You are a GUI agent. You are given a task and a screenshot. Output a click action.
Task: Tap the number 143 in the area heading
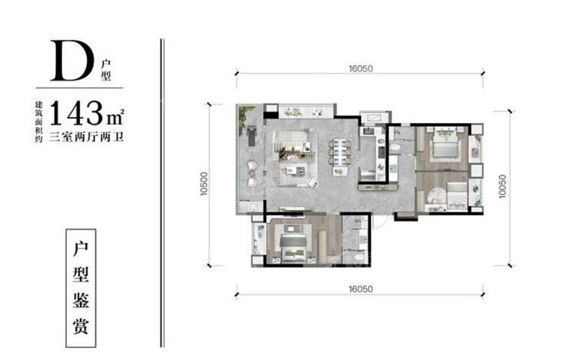76,113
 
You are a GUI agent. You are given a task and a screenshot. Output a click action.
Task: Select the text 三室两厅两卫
86,137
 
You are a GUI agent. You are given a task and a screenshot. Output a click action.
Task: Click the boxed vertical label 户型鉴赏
81,288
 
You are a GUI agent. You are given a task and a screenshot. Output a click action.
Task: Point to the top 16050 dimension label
361,68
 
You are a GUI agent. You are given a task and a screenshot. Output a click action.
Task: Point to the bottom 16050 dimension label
361,288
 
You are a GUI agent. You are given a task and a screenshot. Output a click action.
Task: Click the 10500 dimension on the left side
204,184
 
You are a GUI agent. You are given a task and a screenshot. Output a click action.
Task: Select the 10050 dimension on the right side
503,186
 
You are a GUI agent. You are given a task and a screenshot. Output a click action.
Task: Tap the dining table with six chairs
339,152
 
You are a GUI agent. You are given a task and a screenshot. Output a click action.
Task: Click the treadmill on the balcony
251,135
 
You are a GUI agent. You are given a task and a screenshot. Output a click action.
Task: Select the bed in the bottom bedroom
294,248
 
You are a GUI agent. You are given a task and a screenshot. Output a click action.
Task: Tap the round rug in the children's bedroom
436,196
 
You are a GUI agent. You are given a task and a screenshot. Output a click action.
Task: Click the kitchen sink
368,131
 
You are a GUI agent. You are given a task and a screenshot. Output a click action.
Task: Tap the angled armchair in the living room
313,183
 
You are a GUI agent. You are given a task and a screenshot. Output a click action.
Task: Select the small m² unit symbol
115,116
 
